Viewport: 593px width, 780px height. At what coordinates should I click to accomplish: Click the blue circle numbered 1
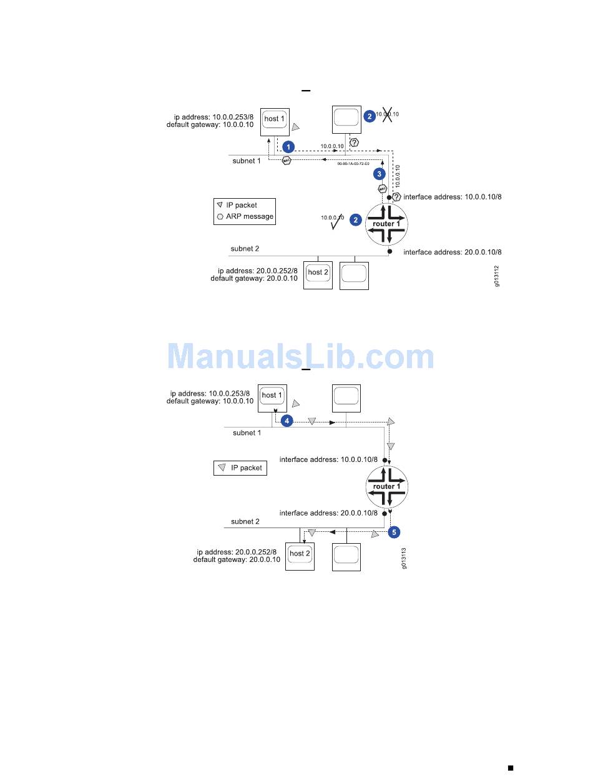coord(288,146)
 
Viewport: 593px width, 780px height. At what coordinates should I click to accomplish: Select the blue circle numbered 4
coord(287,421)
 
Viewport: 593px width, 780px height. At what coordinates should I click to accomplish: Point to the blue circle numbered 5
coord(393,532)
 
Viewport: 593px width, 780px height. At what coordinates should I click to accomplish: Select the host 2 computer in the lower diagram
coord(300,554)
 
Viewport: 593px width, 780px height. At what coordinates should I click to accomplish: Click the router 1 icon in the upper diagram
coord(386,224)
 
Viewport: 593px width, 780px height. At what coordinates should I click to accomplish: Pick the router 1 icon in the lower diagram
coord(387,486)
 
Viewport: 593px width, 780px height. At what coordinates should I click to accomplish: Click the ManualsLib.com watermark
coord(300,357)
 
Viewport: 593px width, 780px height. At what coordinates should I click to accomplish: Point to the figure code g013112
coord(497,275)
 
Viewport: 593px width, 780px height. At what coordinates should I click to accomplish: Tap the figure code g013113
coord(404,558)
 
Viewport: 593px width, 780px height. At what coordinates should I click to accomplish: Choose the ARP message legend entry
coord(245,216)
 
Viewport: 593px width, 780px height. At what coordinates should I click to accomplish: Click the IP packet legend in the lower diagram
coord(240,467)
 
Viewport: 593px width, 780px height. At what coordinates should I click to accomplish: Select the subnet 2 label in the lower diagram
coord(245,521)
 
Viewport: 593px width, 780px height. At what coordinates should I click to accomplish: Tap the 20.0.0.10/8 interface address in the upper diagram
coord(453,252)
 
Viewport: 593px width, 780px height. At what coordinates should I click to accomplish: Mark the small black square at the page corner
coord(510,767)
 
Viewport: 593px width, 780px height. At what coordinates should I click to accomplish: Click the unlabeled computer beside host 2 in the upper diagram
coord(354,274)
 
